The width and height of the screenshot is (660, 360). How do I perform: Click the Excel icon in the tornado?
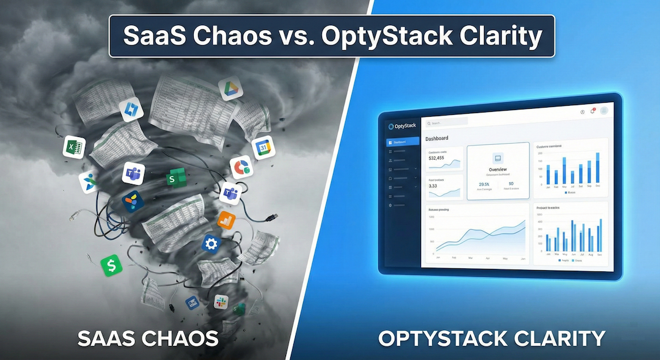pyautogui.click(x=74, y=147)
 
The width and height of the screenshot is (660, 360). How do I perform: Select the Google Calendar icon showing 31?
pyautogui.click(x=263, y=148)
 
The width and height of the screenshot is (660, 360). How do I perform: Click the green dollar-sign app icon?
pyautogui.click(x=111, y=265)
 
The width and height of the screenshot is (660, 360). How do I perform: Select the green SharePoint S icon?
pyautogui.click(x=174, y=180)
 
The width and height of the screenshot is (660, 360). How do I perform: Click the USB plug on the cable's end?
pyautogui.click(x=273, y=217)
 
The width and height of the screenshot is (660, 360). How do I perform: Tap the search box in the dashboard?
pyautogui.click(x=447, y=123)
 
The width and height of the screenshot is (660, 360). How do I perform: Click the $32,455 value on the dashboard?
pyautogui.click(x=436, y=158)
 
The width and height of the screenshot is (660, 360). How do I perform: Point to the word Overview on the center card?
pyautogui.click(x=498, y=169)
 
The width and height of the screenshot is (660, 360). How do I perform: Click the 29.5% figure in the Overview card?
pyautogui.click(x=484, y=184)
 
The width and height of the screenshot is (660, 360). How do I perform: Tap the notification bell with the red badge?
pyautogui.click(x=592, y=111)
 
